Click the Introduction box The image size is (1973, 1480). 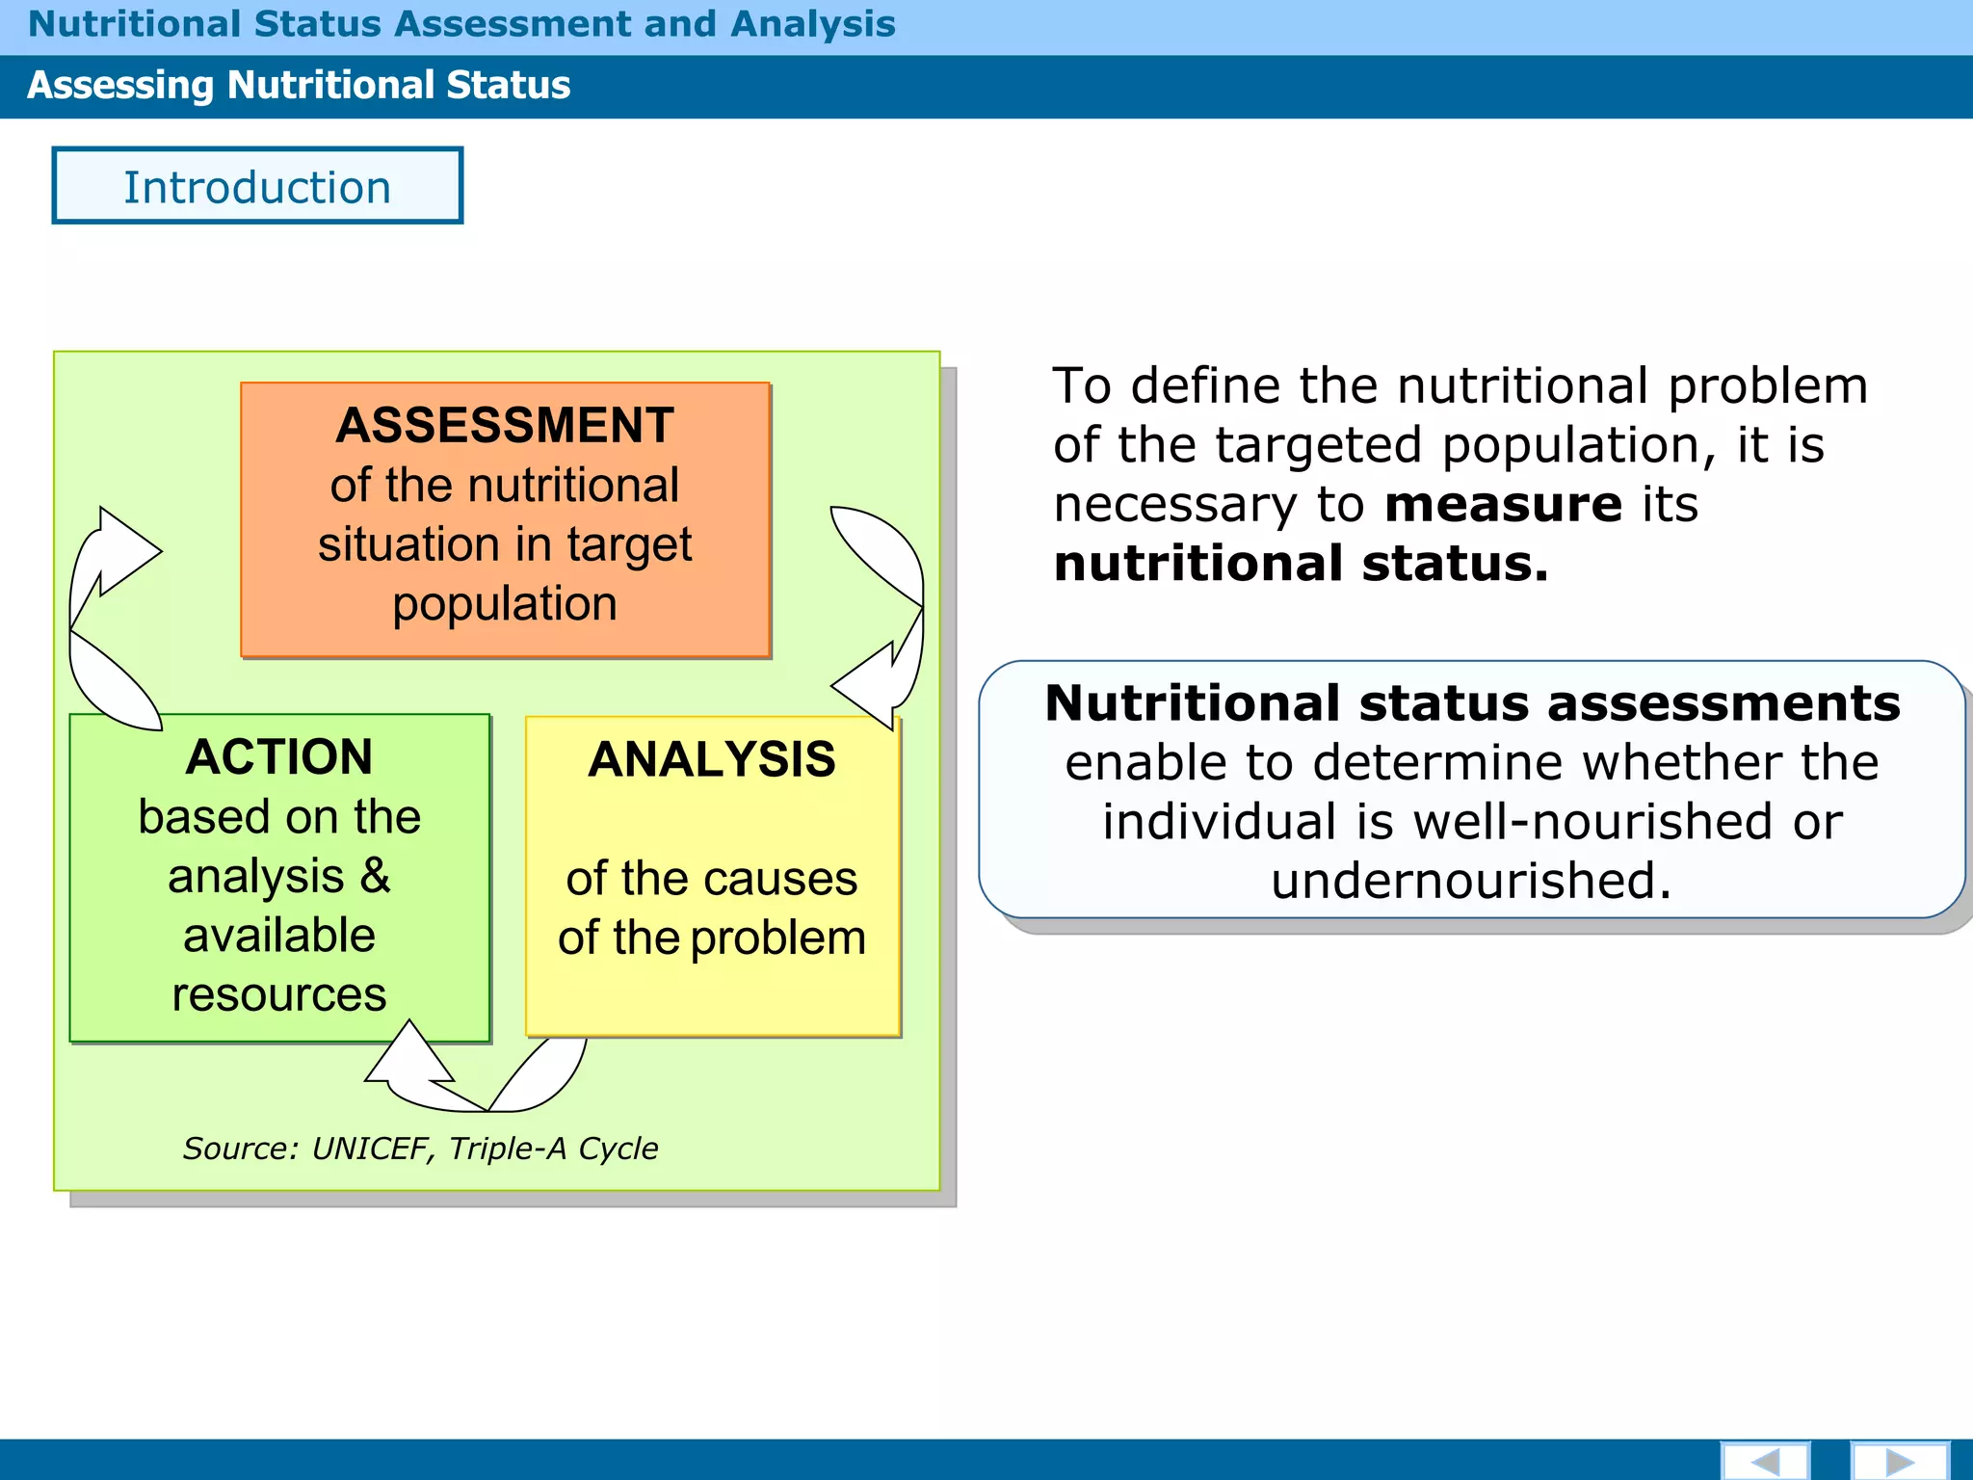point(257,186)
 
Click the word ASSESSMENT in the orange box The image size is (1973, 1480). point(505,426)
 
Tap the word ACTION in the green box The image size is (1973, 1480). point(279,757)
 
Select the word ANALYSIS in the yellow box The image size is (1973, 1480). point(712,760)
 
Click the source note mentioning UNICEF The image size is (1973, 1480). point(421,1149)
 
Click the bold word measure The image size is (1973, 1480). point(1503,505)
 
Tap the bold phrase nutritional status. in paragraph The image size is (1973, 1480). point(1301,564)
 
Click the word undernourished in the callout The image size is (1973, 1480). point(1470,881)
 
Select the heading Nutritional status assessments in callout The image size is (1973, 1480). point(1472,703)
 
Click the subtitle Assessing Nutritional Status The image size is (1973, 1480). point(299,86)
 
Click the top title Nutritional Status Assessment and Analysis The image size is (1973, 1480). point(461,24)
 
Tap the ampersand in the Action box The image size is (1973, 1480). point(376,876)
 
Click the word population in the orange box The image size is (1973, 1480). point(505,605)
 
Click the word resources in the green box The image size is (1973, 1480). point(279,995)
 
